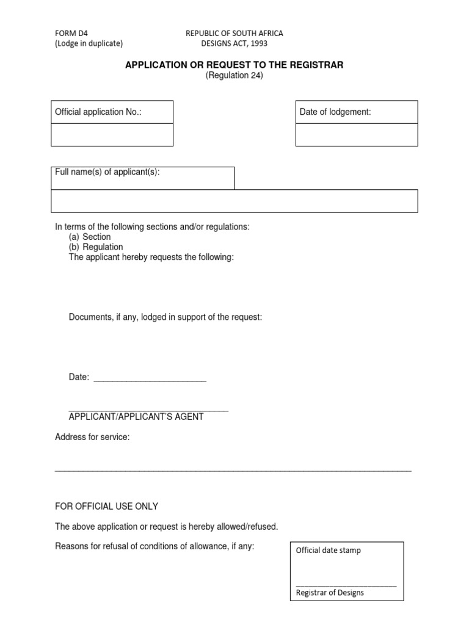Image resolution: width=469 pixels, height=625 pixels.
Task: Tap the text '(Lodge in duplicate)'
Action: [x=89, y=43]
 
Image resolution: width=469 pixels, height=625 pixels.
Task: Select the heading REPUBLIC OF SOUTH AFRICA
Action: [x=234, y=34]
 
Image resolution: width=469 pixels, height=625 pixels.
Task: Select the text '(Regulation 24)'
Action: [x=234, y=76]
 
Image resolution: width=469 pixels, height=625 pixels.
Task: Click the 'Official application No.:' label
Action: [x=98, y=112]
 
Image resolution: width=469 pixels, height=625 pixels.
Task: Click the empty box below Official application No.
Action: [x=112, y=135]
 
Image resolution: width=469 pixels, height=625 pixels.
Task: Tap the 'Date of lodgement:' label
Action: [x=335, y=112]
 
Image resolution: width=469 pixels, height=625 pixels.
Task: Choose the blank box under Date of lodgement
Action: [x=357, y=135]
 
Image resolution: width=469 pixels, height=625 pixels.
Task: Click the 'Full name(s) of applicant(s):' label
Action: [x=107, y=173]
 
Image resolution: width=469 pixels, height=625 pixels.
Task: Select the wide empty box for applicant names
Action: [x=234, y=201]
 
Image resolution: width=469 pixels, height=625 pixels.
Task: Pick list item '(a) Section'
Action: [x=90, y=237]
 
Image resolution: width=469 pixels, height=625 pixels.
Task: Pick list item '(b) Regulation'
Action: [x=96, y=247]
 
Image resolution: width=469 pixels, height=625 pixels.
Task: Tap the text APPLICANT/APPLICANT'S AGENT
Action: [x=136, y=417]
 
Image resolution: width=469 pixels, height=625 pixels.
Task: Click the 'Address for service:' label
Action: [x=92, y=438]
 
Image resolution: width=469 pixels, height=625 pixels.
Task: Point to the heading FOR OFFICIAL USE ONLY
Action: [x=106, y=507]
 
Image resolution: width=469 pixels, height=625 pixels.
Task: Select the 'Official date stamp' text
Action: [x=328, y=551]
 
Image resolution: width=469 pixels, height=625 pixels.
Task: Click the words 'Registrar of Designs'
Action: [x=330, y=593]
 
